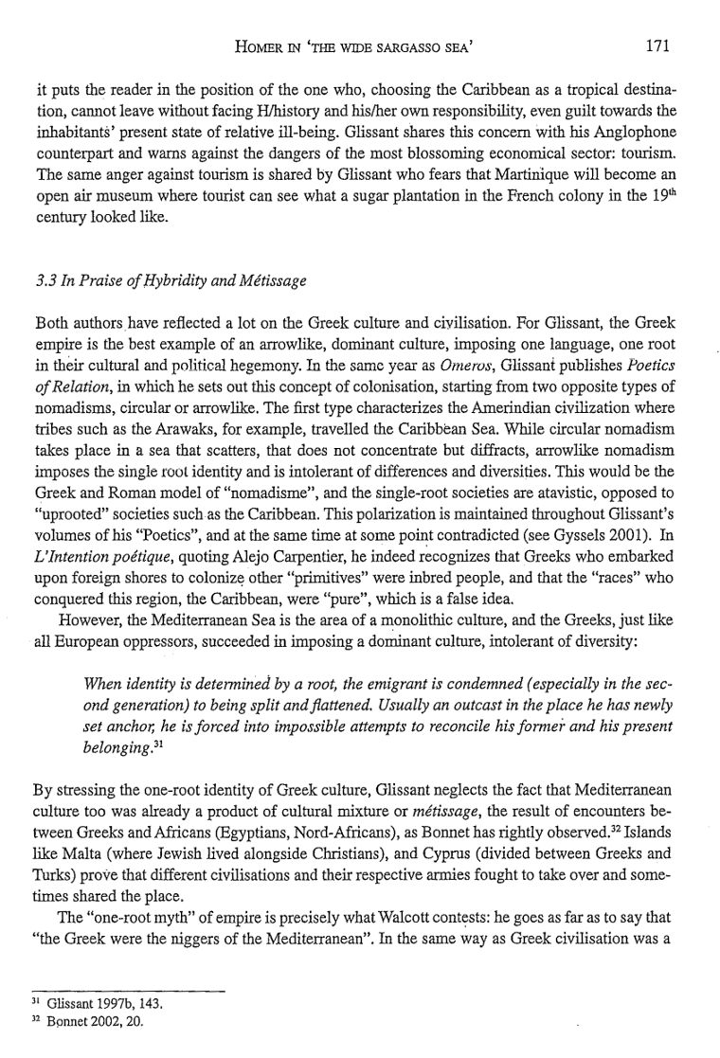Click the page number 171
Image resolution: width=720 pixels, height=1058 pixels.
pos(658,44)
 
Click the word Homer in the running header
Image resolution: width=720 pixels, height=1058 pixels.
pos(241,45)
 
